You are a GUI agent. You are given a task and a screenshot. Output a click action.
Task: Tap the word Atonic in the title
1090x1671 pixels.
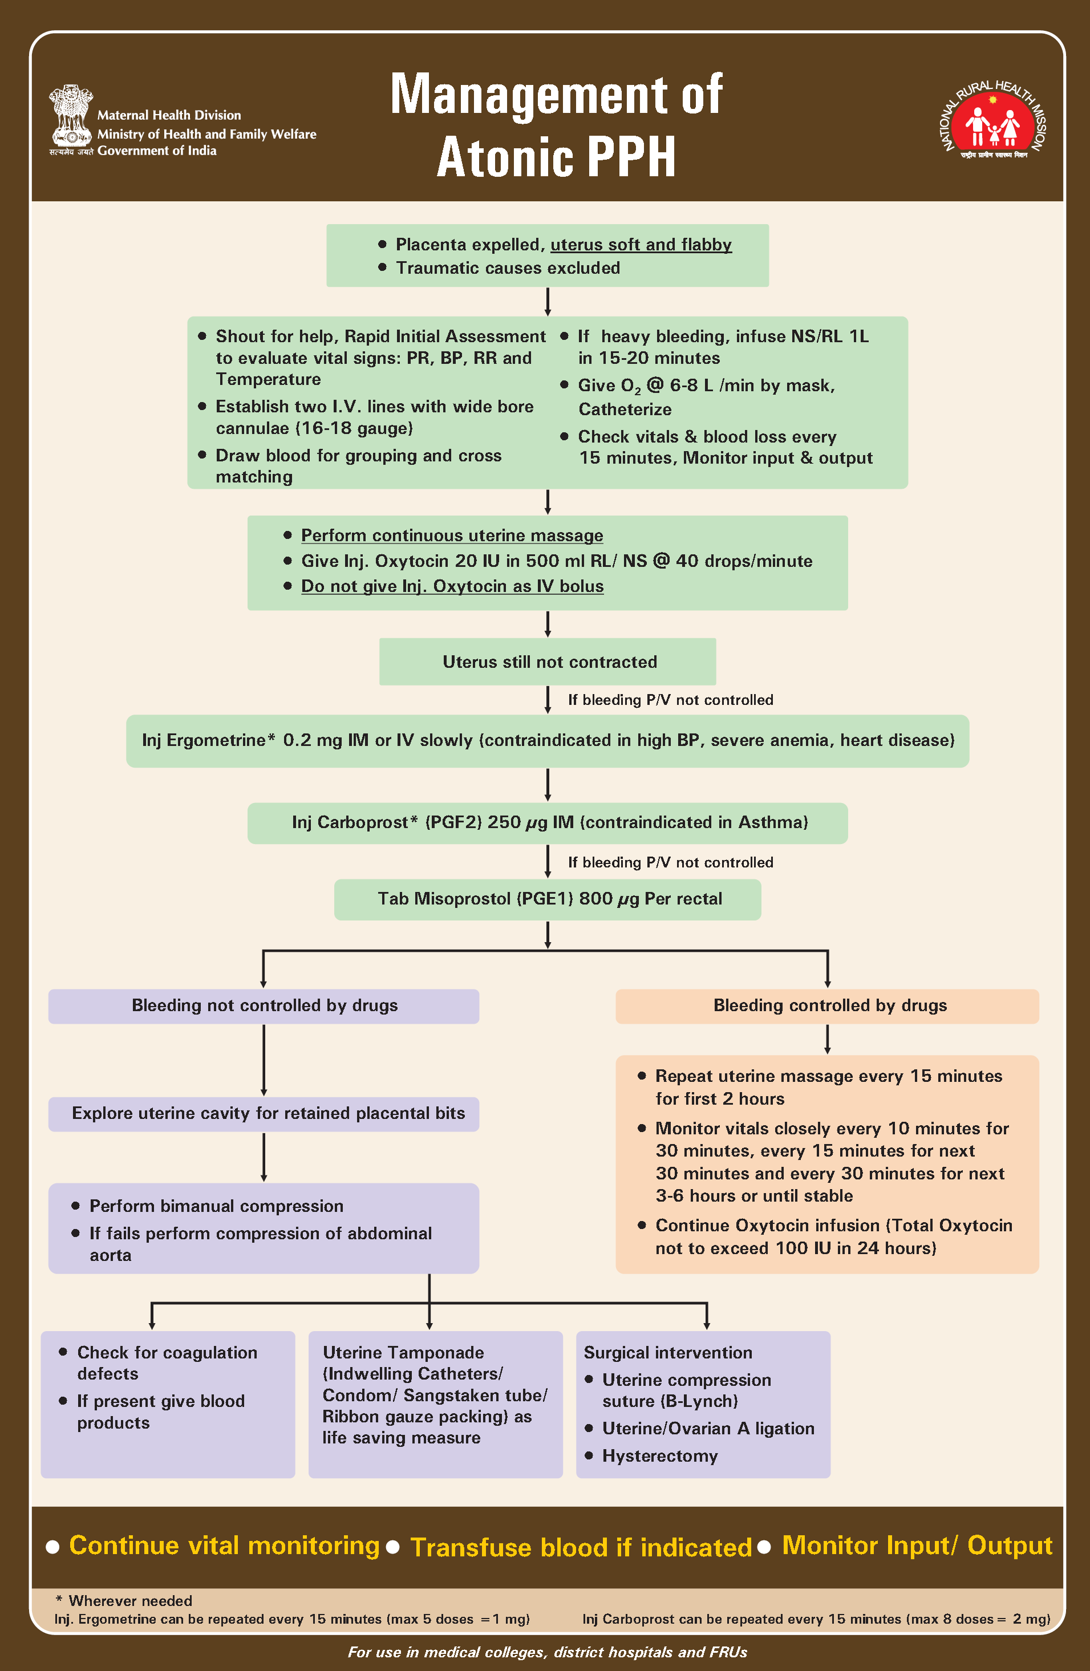(x=501, y=157)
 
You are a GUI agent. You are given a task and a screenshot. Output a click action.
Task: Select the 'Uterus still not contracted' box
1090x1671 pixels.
(x=547, y=662)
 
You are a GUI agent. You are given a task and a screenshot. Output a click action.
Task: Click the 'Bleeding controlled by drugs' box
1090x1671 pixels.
(x=826, y=1005)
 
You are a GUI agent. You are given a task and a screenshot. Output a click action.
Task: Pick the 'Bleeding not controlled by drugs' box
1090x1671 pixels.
(x=264, y=1005)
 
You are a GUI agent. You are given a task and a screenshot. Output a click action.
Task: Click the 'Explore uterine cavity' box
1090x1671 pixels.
(x=264, y=1114)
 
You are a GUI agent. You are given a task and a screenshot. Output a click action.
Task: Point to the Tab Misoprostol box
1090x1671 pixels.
(x=547, y=899)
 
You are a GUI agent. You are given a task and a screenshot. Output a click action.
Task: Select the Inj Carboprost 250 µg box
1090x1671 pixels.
(x=547, y=822)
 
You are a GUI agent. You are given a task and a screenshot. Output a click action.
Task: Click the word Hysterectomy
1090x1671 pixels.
(x=659, y=1456)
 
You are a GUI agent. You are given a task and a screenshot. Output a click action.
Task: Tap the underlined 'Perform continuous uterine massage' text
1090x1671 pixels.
(x=452, y=536)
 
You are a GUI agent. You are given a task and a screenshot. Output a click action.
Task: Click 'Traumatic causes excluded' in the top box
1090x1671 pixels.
(x=507, y=268)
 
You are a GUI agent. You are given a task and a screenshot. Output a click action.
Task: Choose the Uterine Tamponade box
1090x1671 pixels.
(x=435, y=1404)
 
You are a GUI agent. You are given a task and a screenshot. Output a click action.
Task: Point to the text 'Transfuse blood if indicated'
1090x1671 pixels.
(x=580, y=1547)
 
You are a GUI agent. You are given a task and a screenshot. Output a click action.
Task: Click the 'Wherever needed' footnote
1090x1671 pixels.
(x=130, y=1601)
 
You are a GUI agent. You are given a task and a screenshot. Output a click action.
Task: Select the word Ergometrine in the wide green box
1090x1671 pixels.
(x=216, y=741)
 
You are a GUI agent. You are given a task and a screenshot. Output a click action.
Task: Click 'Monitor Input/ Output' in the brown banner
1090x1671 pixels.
(x=917, y=1546)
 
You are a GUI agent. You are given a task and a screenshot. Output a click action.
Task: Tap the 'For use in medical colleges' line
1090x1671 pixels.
(x=547, y=1652)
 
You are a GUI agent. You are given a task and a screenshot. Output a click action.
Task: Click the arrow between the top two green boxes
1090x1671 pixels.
(x=547, y=301)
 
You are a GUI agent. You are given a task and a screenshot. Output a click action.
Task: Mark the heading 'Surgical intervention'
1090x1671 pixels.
(x=667, y=1353)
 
